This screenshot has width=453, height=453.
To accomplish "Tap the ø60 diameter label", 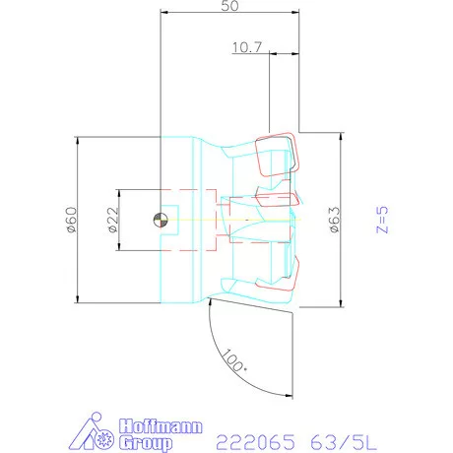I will pos(71,219).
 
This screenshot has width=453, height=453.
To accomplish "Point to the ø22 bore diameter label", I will pos(113,219).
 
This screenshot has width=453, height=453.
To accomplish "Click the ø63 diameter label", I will pos(335,219).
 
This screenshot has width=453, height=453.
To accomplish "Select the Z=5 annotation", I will pos(385,218).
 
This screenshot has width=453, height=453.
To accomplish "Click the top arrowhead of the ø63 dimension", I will pos(341,137).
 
